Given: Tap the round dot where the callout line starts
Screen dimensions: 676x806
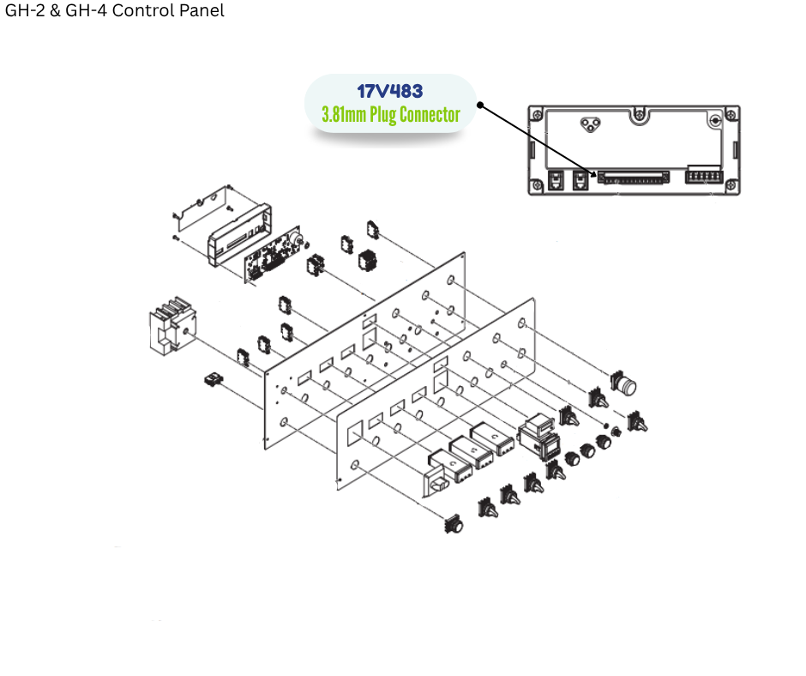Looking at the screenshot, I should (481, 106).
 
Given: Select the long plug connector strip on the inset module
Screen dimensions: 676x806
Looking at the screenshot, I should (633, 178).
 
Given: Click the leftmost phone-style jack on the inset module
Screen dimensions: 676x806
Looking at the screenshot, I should (555, 179).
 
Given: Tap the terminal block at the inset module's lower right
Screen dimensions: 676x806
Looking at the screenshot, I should (703, 177).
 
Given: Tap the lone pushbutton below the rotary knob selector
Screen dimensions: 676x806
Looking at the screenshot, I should (452, 523).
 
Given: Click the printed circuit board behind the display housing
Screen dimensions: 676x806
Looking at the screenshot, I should (270, 257).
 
